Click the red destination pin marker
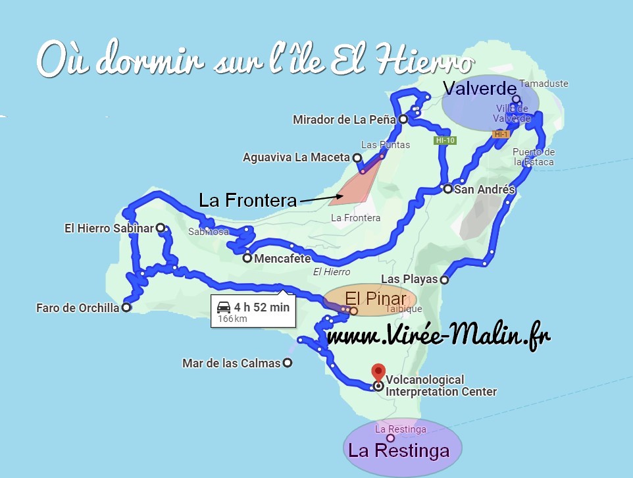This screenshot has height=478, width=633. pos(378,371)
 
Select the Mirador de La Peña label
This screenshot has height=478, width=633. pos(344,120)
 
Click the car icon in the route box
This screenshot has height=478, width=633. pos(224,307)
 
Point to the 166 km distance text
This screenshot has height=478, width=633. pos(232,319)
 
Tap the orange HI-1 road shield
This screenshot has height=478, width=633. pos(501,134)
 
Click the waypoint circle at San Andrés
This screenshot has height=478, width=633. pos(447,190)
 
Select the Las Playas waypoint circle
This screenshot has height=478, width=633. pos(444,280)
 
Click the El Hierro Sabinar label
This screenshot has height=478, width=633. pos(109,228)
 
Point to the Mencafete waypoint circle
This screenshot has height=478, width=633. pos(247,258)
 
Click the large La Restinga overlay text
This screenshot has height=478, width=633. pos(399,451)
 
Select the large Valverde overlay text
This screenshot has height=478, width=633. pos(477,88)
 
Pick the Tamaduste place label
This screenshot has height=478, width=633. pos(544,84)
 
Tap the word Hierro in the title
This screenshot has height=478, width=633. pos(415,61)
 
